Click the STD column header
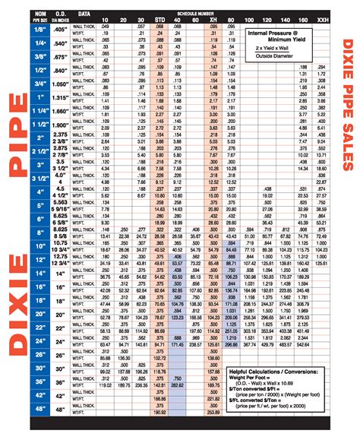(158, 18)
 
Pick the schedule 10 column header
(104, 18)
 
